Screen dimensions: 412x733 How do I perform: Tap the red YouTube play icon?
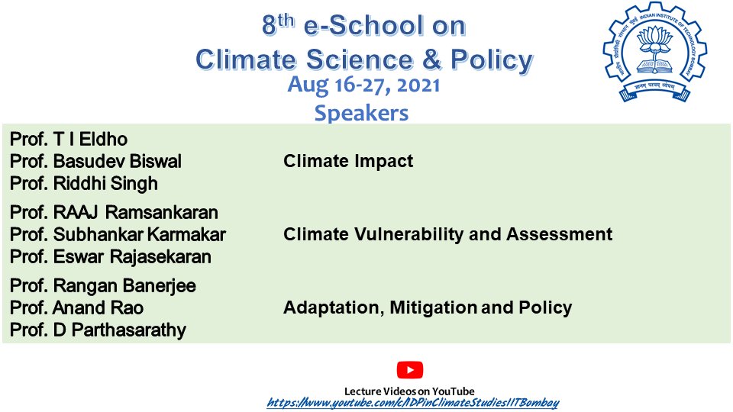coord(409,370)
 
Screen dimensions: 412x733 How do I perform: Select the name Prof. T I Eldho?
coord(69,140)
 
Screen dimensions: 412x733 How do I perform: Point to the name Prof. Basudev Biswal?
coord(95,162)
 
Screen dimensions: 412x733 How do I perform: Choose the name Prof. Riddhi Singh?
coord(84,184)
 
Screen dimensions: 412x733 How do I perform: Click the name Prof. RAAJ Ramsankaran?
coord(114,212)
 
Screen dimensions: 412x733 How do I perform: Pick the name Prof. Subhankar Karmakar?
coord(118,234)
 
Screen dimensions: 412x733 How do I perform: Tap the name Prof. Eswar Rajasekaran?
coord(111,257)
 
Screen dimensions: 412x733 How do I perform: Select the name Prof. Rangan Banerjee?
coord(103,285)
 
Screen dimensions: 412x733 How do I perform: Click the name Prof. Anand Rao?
coord(76,308)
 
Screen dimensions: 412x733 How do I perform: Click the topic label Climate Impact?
coord(348,161)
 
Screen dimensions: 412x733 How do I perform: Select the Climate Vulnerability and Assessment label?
coord(447,234)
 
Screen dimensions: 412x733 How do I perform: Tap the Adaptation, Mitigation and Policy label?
coord(428,308)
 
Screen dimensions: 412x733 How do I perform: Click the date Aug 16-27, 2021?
coord(363,85)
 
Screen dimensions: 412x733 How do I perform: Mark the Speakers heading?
coord(361,113)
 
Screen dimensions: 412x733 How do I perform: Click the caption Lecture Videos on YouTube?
coord(409,391)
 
